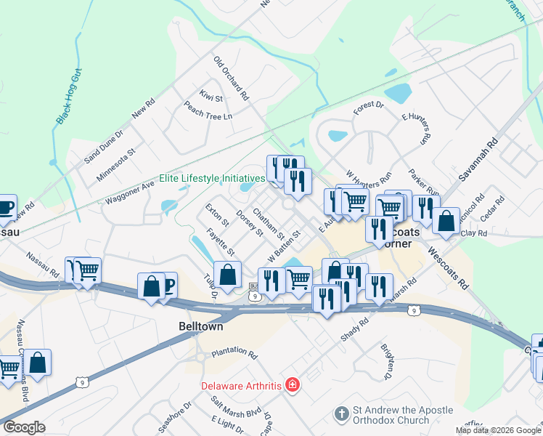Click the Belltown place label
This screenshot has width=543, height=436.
(x=201, y=327)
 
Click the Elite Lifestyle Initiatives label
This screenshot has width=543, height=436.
(x=212, y=178)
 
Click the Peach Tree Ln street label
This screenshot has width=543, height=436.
(x=208, y=110)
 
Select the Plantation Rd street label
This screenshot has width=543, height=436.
(x=234, y=354)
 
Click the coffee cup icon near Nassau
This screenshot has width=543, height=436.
(x=5, y=206)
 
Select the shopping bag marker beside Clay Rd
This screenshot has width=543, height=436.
(x=446, y=219)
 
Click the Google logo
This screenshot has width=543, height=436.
(x=25, y=427)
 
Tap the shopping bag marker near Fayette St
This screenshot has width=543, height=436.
(x=228, y=275)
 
